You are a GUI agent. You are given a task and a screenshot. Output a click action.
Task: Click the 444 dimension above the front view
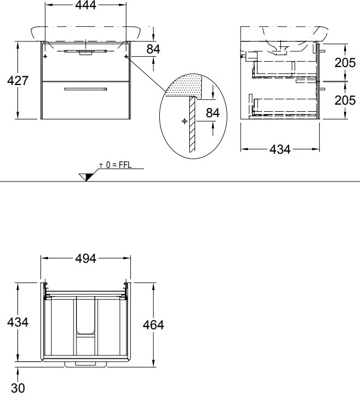86,5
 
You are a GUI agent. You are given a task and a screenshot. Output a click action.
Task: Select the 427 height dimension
18,81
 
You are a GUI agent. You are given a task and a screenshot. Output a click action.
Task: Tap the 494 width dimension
86,258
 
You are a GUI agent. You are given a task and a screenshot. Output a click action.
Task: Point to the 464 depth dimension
153,325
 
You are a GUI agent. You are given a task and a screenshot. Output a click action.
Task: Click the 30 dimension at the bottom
18,388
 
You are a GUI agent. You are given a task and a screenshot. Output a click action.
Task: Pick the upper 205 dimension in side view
345,63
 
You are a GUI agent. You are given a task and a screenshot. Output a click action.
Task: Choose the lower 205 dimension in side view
345,100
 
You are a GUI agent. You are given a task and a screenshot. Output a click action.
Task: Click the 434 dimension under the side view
280,149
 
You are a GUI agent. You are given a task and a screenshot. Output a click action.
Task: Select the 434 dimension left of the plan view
18,322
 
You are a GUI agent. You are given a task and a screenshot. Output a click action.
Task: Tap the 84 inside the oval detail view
213,113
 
